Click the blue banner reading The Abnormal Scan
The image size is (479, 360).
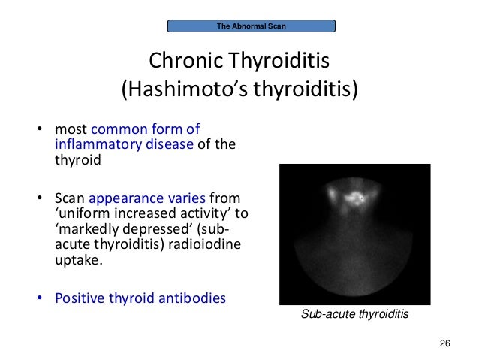click(x=252, y=26)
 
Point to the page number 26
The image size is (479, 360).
click(x=444, y=343)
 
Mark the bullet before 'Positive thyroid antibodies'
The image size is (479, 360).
click(x=41, y=298)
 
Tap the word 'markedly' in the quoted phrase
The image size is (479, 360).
click(x=86, y=229)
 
